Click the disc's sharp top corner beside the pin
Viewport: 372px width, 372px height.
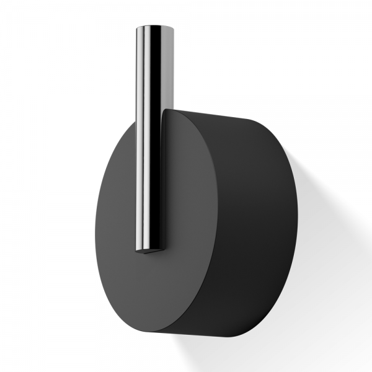point(165,110)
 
